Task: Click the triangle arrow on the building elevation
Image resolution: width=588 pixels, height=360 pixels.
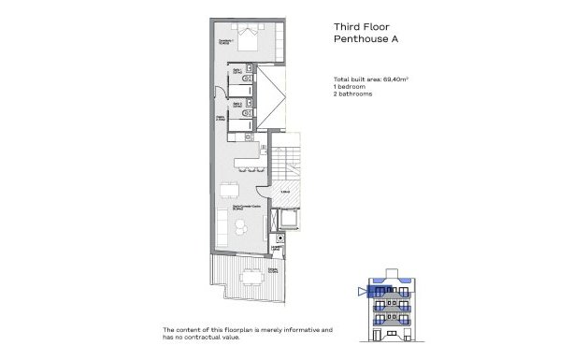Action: (x=361, y=292)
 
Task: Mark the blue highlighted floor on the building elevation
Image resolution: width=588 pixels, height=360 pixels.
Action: (x=387, y=292)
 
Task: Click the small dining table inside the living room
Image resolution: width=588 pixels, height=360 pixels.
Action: (x=227, y=191)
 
